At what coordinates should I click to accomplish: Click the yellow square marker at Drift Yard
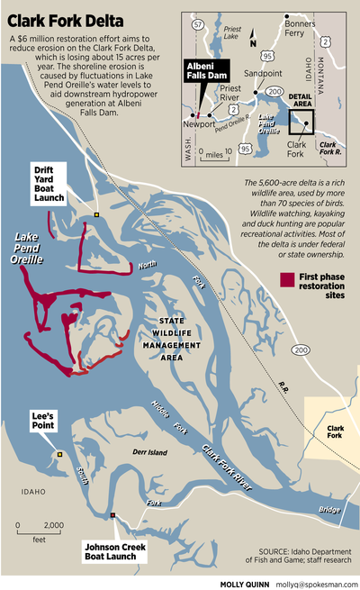point(96,215)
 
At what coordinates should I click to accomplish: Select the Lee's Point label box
point(43,419)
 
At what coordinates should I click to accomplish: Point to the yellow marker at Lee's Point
point(59,455)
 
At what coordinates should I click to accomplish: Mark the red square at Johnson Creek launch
point(112,515)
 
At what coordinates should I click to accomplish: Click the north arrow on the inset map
point(254,38)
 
